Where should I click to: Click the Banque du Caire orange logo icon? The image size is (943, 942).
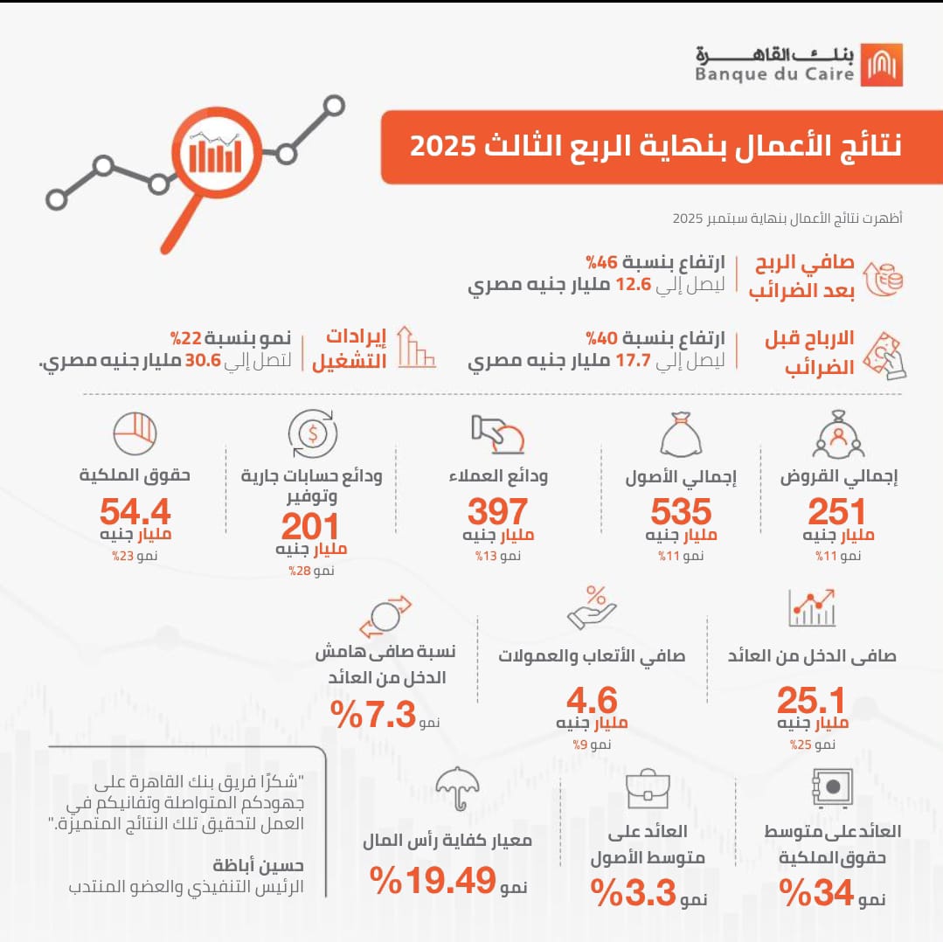click(x=881, y=65)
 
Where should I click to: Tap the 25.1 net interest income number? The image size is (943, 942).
click(x=812, y=702)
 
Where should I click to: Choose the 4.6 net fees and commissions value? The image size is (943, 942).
click(x=591, y=702)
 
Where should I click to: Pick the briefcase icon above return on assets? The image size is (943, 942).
click(x=648, y=789)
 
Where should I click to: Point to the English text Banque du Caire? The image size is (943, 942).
click(x=774, y=75)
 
